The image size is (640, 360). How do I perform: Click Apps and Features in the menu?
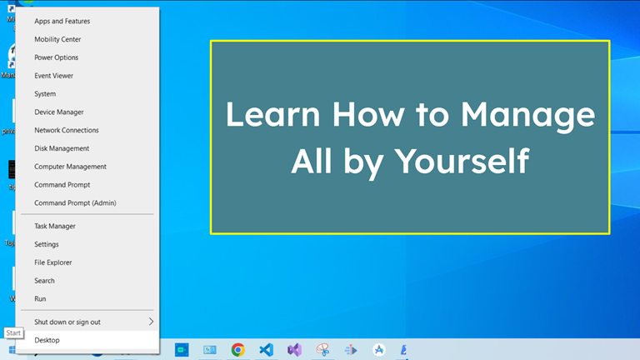(62, 21)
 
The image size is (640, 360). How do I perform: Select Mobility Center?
(57, 39)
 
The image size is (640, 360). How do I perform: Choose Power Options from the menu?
(57, 57)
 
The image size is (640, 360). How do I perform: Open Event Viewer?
(54, 76)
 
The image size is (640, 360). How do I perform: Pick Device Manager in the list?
(59, 112)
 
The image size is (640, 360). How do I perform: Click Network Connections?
(67, 130)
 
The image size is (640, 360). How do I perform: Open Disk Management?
(62, 148)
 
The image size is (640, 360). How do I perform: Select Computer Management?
(70, 167)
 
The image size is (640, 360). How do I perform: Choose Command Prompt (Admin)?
(75, 202)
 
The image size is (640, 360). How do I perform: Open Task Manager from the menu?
(55, 226)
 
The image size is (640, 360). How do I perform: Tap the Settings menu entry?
(47, 244)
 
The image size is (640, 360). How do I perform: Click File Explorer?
(53, 262)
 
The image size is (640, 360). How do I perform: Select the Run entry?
(40, 298)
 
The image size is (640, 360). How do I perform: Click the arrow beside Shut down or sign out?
(151, 322)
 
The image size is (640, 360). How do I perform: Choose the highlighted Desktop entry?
(47, 340)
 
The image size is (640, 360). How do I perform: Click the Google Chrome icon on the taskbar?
(237, 350)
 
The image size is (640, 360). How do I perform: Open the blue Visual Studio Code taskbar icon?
(266, 350)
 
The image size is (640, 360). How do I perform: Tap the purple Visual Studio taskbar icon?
(293, 350)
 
